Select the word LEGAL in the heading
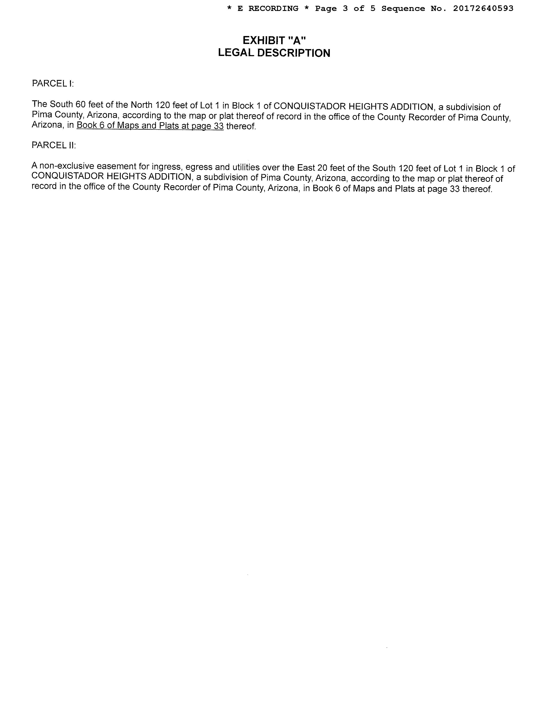tap(236, 53)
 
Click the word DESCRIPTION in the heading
tap(294, 53)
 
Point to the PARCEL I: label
tap(53, 84)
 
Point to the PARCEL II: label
tap(54, 145)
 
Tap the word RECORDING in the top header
tap(273, 8)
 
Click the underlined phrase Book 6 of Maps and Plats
tap(133, 125)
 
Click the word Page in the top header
tap(326, 8)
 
